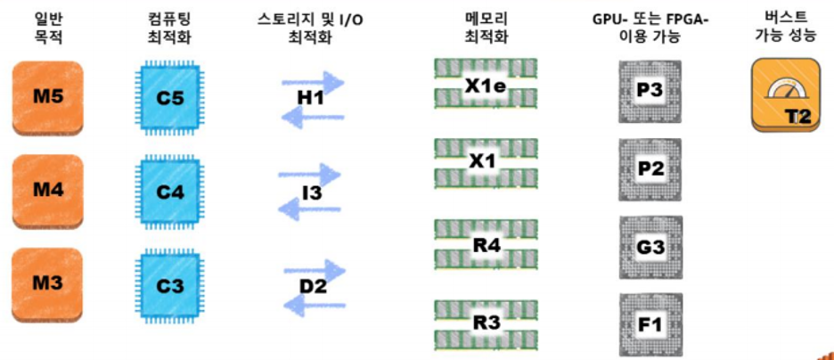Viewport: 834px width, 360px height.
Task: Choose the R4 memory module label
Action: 486,242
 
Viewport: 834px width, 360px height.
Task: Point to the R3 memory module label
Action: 486,323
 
